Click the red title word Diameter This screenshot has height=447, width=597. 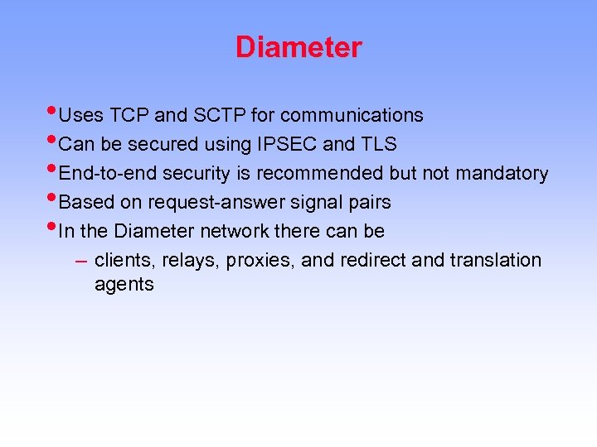[x=298, y=47]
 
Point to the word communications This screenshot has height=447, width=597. [x=352, y=115]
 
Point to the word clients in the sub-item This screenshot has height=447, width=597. [x=125, y=260]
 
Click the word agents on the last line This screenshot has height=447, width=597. [x=124, y=285]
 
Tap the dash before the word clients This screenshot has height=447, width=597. [x=80, y=260]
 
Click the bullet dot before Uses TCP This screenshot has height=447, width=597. [x=53, y=111]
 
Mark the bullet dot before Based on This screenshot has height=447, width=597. [x=53, y=198]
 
